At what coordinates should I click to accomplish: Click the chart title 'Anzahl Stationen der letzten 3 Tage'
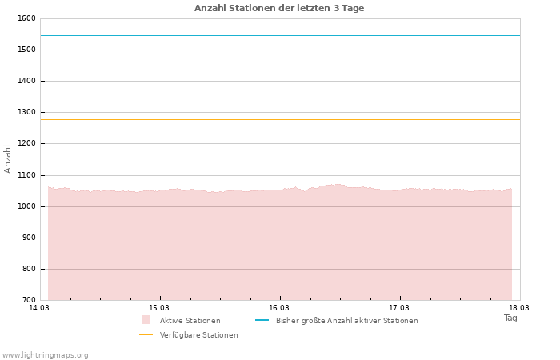279,8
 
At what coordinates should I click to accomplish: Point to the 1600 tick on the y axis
26,18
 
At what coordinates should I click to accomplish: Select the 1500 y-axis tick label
26,50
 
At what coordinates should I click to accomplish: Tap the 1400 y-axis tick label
26,81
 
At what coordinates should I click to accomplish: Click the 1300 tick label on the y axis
26,113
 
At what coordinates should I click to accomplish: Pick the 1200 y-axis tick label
26,144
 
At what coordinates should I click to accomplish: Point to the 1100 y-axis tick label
26,175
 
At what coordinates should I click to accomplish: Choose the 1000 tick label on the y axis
26,206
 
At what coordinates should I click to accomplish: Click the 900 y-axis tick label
28,238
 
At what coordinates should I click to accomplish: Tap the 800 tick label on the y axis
28,269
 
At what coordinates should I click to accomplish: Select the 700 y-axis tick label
28,301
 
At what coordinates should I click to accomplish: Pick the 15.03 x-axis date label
159,307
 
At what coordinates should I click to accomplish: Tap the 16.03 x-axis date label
278,307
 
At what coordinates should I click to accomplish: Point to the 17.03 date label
398,307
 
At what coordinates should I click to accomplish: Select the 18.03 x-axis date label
518,307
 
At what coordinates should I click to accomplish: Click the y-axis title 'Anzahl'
8,158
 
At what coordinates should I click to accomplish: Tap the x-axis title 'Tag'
510,318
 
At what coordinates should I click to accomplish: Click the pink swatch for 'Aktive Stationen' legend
146,320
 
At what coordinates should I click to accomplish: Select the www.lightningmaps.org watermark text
46,355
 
